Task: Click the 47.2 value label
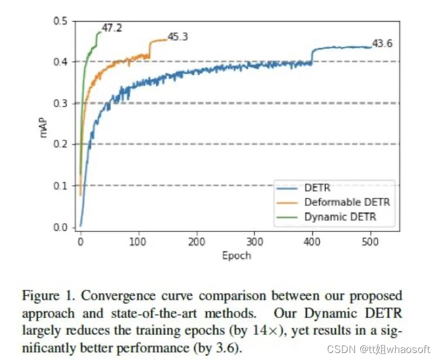(112, 27)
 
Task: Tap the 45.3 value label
(177, 37)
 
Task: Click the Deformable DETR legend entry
(347, 202)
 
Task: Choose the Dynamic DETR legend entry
(340, 217)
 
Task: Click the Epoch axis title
(236, 255)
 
